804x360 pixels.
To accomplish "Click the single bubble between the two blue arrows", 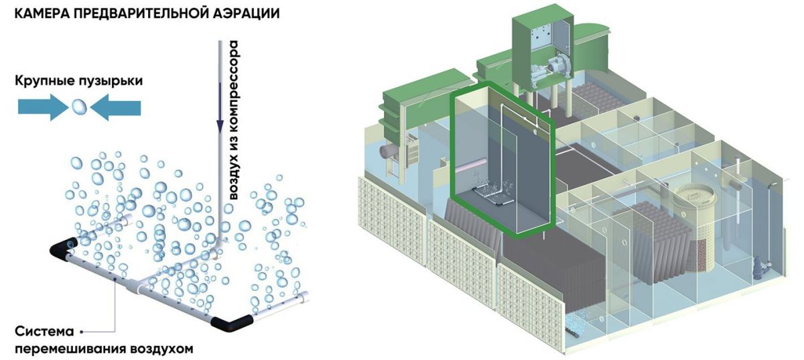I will pyautogui.click(x=79, y=106).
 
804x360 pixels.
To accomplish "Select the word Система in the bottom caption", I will pyautogui.click(x=46, y=332).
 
